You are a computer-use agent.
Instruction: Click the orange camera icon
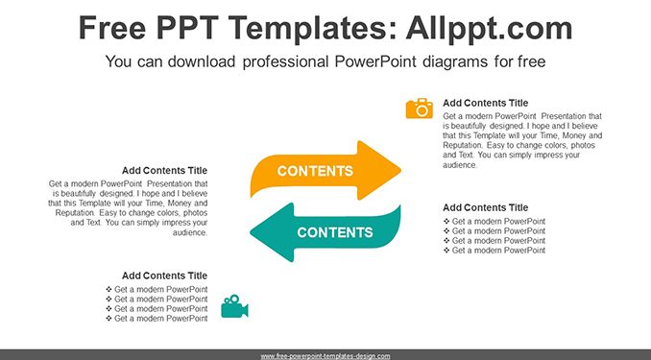(420, 108)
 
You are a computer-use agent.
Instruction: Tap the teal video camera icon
(234, 306)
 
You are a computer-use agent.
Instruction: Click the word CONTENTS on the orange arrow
(315, 171)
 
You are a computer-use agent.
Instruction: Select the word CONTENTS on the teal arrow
(335, 232)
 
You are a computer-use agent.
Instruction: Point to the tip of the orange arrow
(400, 170)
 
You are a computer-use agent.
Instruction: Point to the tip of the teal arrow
(251, 232)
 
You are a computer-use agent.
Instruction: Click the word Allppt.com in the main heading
(489, 28)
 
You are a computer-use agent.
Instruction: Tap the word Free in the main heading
(112, 28)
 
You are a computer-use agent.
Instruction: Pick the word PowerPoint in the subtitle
(375, 61)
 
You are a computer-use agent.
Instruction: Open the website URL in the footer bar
(325, 356)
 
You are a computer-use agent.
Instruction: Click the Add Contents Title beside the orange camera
(485, 103)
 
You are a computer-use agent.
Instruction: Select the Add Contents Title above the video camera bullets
(164, 276)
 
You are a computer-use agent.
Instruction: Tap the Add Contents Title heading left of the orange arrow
(164, 171)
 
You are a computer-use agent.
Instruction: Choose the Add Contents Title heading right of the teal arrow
(485, 207)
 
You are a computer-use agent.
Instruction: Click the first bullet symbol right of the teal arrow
(446, 222)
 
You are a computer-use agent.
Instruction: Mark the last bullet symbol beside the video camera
(108, 319)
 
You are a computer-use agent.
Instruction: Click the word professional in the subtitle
(285, 61)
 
